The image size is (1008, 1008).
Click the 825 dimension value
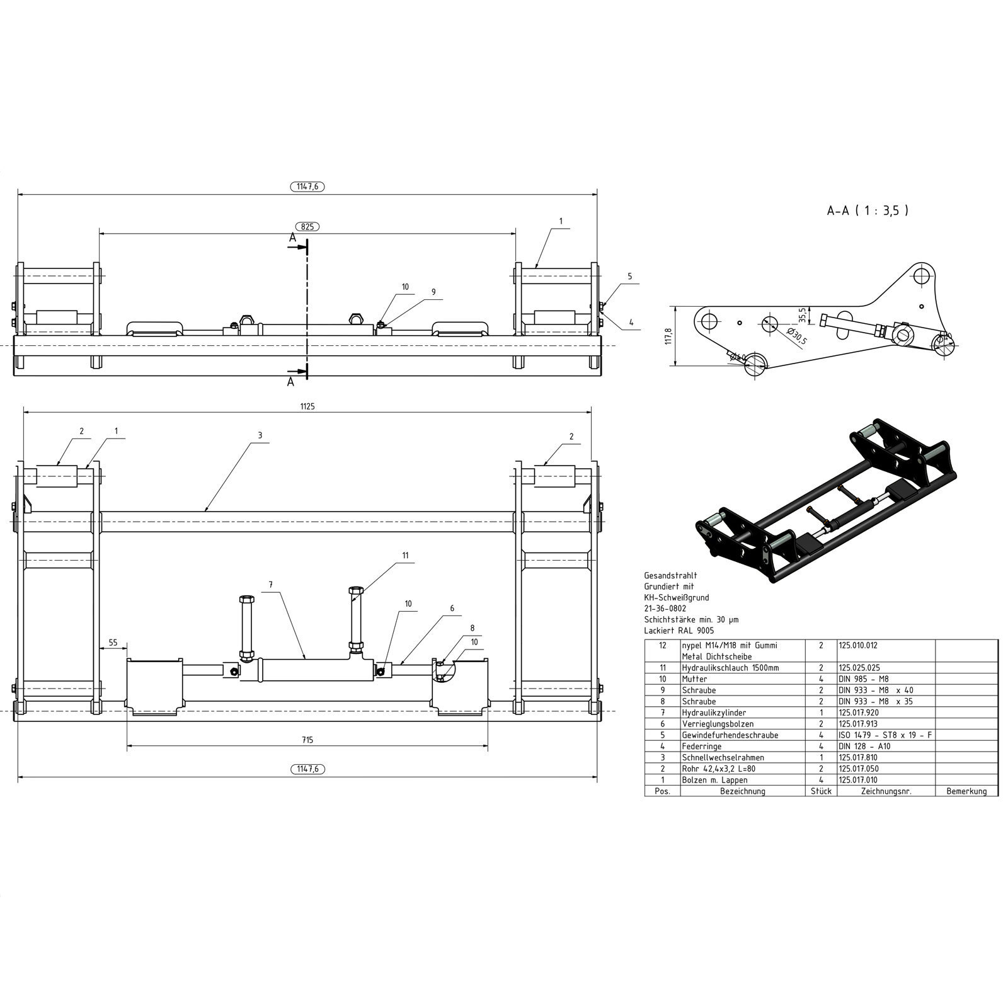pos(307,226)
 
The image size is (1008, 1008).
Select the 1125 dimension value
pos(307,407)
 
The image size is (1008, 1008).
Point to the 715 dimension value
pos(307,739)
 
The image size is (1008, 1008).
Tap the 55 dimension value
pos(113,643)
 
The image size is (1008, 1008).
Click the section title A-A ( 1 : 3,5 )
pos(868,211)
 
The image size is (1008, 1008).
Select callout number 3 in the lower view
pos(260,435)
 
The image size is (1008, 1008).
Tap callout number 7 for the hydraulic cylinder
pos(271,585)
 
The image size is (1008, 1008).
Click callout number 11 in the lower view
pos(405,556)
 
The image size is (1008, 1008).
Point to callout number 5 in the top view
pos(629,277)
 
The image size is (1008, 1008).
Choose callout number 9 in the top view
pos(433,292)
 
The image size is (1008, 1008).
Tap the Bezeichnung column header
pos(742,791)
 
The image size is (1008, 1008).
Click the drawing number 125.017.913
pos(857,724)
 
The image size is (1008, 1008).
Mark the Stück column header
pos(821,791)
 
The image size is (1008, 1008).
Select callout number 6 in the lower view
pos(452,609)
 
